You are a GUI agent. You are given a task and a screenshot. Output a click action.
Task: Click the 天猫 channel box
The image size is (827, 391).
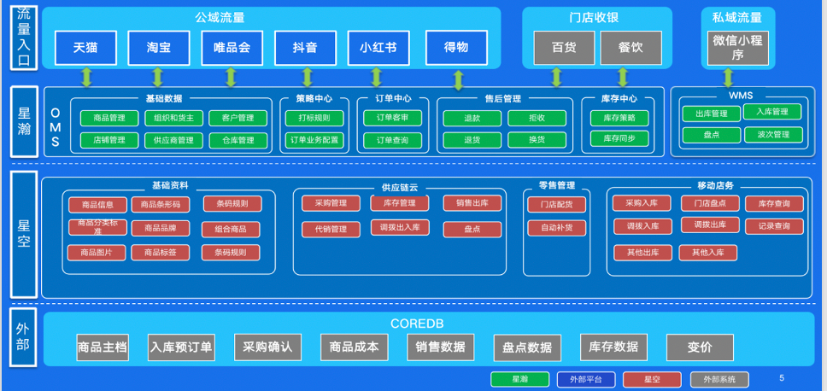point(85,48)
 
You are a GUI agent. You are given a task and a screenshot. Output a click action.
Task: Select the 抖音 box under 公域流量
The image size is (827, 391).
point(305,48)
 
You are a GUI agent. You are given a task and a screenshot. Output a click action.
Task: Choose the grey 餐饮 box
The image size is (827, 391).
point(631,48)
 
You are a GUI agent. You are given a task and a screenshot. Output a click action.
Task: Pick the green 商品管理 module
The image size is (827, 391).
point(109,118)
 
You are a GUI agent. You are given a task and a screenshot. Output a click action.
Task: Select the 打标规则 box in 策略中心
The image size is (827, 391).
point(314,118)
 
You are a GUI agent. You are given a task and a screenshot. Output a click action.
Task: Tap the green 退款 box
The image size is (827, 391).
point(471,118)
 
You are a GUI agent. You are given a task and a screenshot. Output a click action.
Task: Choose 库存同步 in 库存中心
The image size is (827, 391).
point(619,138)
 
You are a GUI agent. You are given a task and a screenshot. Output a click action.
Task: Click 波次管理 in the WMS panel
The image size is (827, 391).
point(772,134)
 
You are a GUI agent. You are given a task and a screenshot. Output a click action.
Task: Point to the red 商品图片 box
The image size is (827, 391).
point(97,253)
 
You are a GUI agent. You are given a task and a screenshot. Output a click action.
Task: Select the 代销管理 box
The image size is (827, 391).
point(331,229)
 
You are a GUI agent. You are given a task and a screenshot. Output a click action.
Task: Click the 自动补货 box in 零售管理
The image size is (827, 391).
point(556,228)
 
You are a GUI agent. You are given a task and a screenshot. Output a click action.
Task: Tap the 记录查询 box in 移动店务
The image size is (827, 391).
point(774,226)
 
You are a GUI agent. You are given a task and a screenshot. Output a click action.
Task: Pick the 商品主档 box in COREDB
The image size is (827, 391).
point(102,347)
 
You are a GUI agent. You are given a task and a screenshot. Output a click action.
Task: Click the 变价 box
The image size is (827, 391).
point(699,347)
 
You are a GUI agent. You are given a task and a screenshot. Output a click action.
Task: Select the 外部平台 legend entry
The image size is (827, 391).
point(585,379)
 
